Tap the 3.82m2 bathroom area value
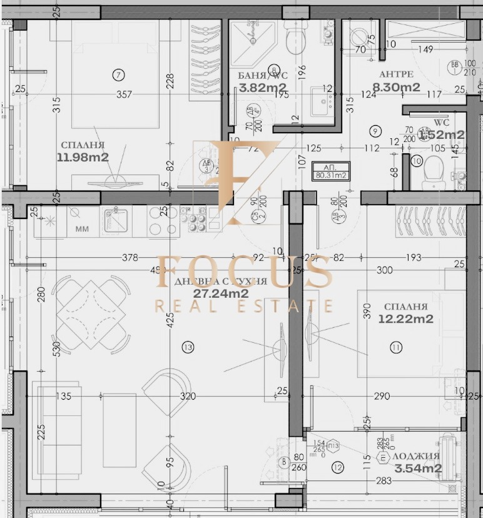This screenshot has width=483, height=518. coord(263,88)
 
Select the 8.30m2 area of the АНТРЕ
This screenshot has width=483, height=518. coord(396,88)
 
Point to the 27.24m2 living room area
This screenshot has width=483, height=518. coord(221,293)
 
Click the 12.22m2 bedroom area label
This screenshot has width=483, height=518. coord(406,318)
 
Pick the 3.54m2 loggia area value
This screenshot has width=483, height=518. coord(418,468)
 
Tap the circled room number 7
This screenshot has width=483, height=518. coord(118,74)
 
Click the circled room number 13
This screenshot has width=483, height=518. coord(187,347)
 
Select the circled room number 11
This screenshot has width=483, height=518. coord(395,347)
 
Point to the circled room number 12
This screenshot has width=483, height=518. coord(338,467)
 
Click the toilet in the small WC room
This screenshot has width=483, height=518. coord(433,169)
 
